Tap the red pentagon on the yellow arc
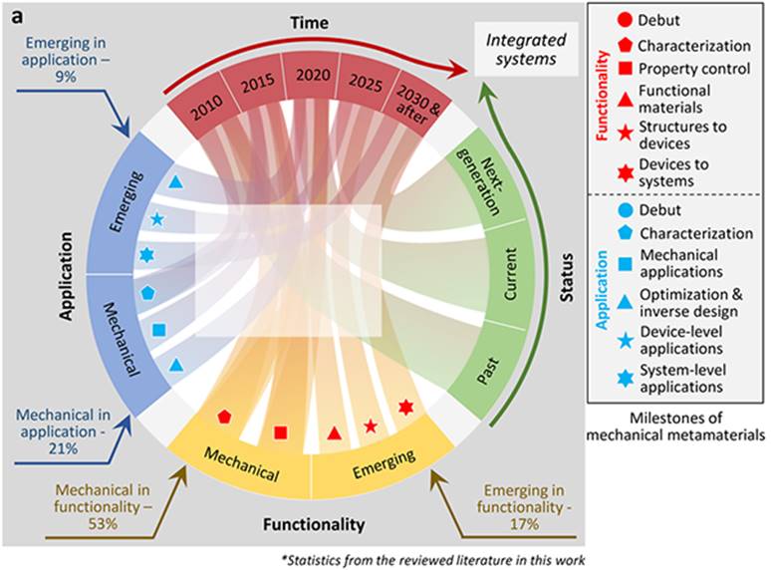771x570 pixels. coord(224,417)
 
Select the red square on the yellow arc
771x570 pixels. coord(280,432)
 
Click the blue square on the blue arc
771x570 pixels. coord(159,330)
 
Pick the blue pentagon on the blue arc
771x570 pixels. coord(148,292)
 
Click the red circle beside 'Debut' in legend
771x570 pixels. coord(623,20)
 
